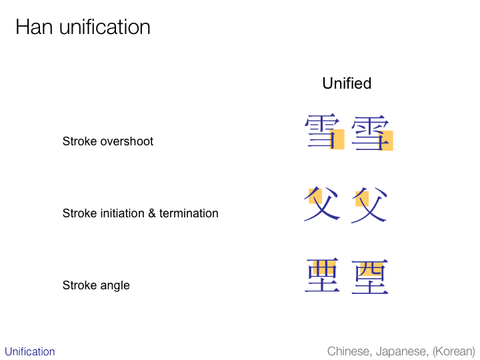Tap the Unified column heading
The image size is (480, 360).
[x=347, y=83]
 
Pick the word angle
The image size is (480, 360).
[x=114, y=285]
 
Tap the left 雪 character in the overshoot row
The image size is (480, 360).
[x=322, y=132]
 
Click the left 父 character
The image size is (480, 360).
[x=321, y=204]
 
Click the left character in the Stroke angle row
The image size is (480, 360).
[x=323, y=276]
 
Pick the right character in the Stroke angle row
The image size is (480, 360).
[x=370, y=277]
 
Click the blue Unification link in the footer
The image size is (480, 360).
[x=30, y=351]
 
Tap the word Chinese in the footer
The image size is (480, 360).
[x=349, y=351]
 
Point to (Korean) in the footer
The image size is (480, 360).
[x=453, y=351]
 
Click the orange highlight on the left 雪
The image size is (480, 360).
[x=337, y=139]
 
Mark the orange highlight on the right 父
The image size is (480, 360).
[x=362, y=198]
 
